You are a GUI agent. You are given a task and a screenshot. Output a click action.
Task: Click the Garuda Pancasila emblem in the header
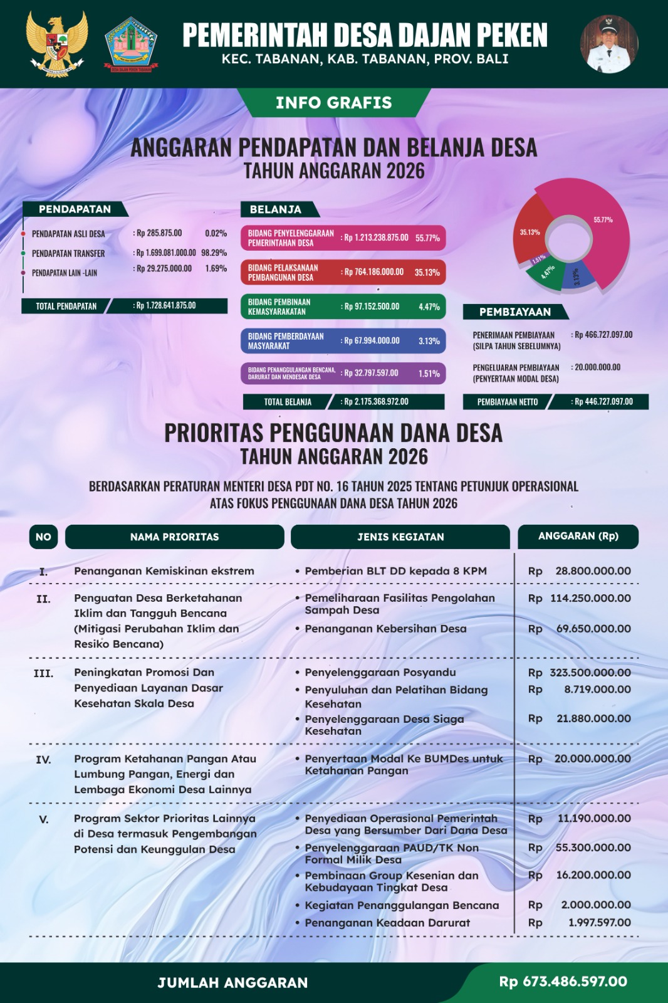pos(56,43)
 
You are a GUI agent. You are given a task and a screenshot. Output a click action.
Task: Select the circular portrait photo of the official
pos(609,44)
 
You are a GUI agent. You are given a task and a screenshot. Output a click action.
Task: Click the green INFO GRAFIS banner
pos(333,103)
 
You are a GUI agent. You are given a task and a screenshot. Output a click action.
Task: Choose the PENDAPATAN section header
pos(75,209)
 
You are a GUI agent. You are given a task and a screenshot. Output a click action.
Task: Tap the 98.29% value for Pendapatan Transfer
pos(214,253)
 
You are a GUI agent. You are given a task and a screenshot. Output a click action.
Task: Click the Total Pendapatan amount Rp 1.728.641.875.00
pos(166,306)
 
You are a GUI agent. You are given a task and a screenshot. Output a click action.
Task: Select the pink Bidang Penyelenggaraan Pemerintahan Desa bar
pos(343,238)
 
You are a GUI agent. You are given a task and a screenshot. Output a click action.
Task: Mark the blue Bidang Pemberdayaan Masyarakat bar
pos(343,341)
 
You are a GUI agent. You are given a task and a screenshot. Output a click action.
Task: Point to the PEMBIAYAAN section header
pos(515,312)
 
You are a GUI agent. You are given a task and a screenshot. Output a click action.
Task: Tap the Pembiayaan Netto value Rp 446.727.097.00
pos(603,402)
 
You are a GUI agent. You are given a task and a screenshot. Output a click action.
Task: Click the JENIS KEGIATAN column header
pos(400,537)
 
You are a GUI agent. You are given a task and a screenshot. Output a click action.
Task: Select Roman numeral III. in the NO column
pos(43,673)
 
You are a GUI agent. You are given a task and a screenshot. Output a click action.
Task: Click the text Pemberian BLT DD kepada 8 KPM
pos(395,571)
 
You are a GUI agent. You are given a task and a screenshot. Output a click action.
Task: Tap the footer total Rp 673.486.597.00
pos(563,982)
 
